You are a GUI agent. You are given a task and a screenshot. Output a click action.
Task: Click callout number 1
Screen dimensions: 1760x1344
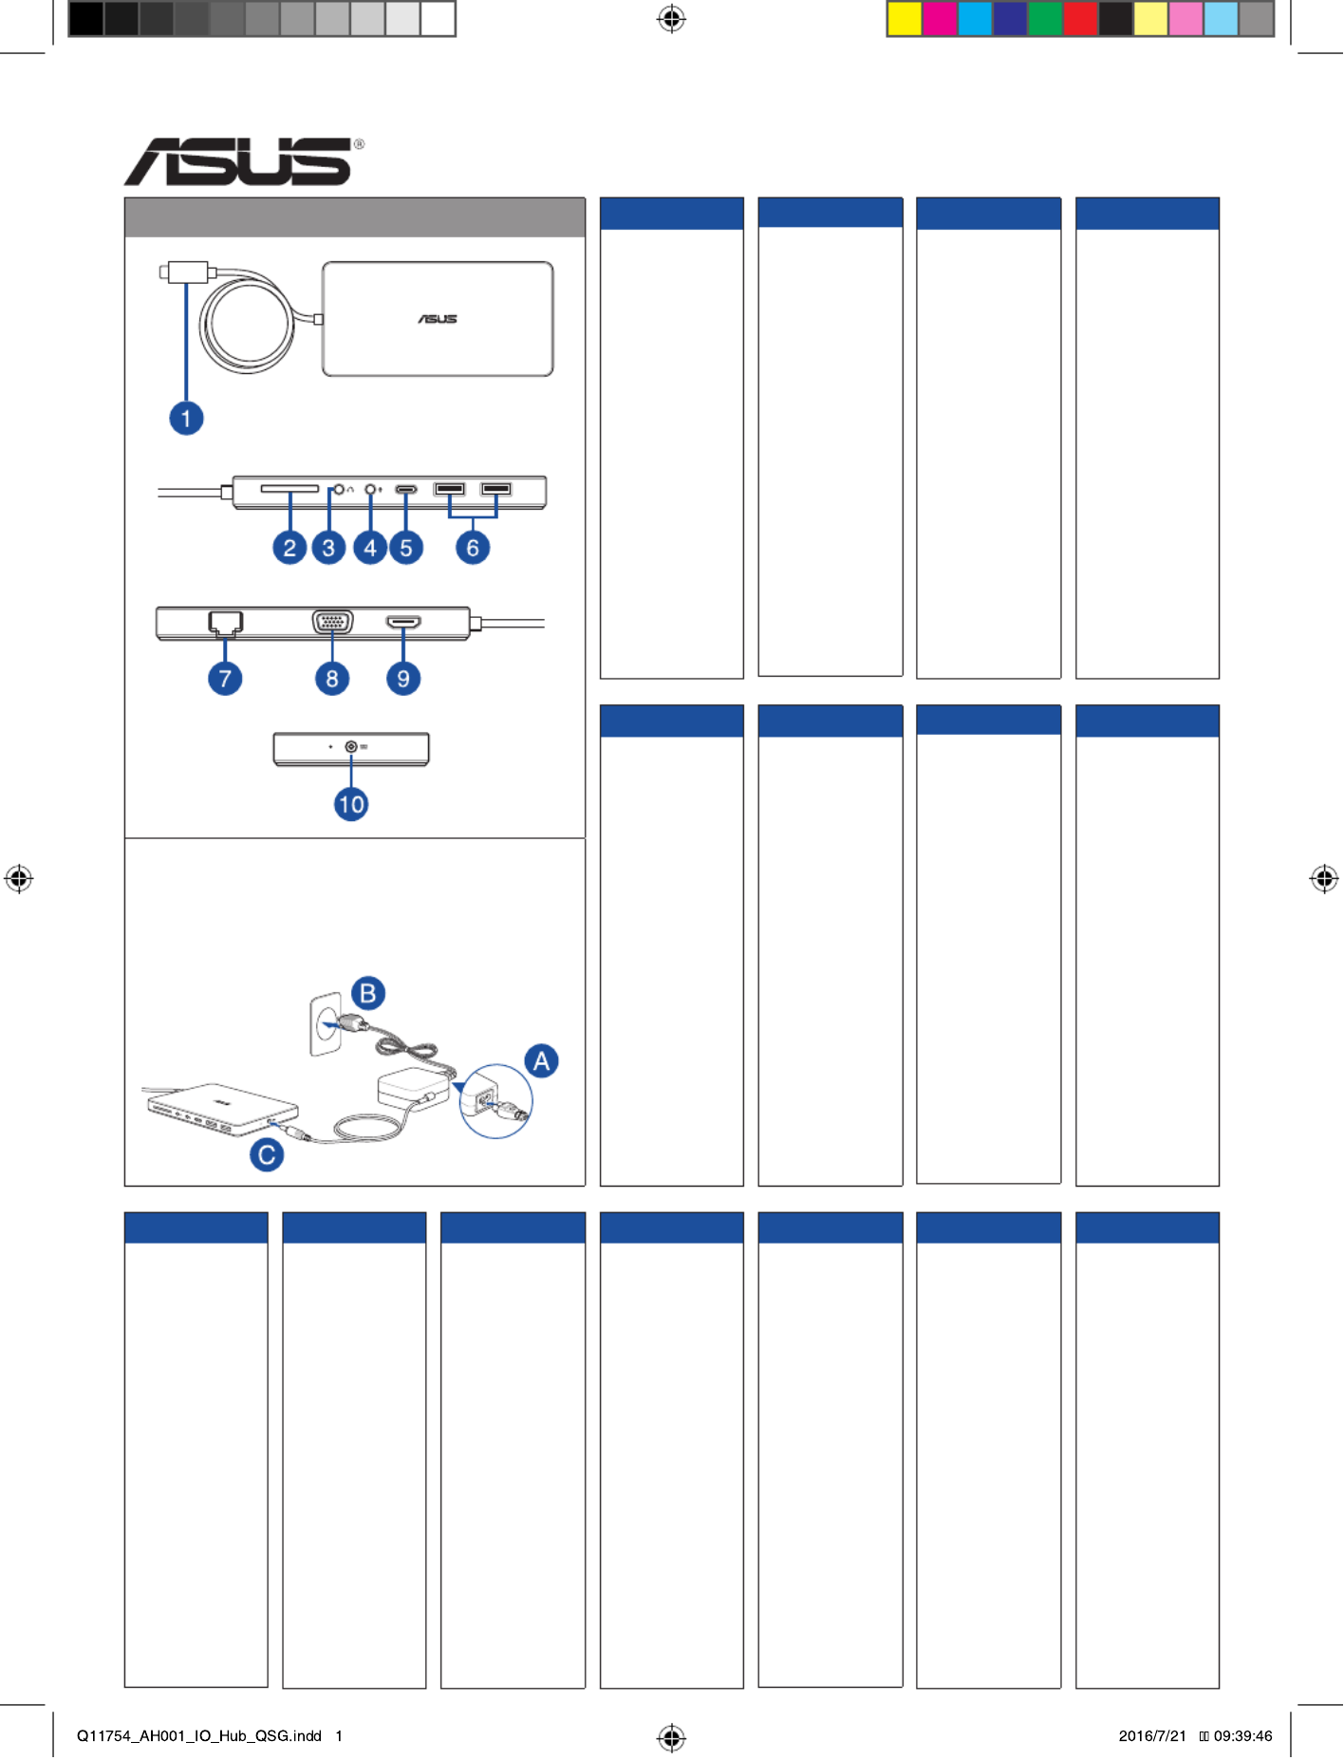tap(186, 418)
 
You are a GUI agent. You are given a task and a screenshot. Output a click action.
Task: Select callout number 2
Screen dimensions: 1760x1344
tap(289, 548)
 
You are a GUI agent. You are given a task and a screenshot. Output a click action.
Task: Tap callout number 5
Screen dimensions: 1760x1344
tap(406, 548)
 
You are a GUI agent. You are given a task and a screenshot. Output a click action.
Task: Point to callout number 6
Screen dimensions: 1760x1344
tap(473, 548)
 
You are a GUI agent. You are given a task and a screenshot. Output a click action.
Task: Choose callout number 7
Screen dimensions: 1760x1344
tap(225, 679)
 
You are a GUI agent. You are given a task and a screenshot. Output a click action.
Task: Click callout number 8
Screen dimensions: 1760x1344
tap(332, 679)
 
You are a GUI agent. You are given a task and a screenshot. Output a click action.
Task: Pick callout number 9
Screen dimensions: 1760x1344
tap(403, 679)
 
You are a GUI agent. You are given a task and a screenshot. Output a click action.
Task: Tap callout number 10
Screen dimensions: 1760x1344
tap(351, 805)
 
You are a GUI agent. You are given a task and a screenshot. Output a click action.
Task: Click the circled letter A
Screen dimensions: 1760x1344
tap(542, 1060)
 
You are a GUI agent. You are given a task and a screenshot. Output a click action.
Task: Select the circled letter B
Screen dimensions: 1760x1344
tap(368, 994)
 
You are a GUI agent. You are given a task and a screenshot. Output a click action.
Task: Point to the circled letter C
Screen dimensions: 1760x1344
tap(267, 1154)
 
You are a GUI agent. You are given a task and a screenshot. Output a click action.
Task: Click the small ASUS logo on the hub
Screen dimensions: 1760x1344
tap(438, 319)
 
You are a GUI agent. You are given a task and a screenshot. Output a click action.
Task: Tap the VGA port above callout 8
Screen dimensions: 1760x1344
tap(332, 623)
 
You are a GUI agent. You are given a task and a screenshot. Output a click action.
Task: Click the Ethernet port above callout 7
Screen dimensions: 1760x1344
tap(225, 623)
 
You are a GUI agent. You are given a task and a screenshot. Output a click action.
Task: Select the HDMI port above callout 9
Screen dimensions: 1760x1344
tap(403, 623)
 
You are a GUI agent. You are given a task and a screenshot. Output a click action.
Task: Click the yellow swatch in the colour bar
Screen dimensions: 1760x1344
tap(905, 19)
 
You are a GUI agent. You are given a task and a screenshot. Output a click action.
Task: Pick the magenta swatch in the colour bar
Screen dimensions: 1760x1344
tap(940, 19)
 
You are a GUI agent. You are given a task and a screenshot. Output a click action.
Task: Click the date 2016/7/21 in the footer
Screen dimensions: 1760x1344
tap(1152, 1735)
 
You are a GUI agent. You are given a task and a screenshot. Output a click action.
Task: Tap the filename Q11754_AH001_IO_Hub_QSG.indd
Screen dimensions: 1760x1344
tap(199, 1735)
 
